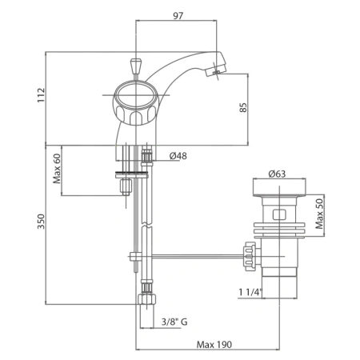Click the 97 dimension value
click(178, 16)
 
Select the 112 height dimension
click(42, 95)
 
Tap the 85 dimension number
click(243, 107)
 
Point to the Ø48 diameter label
click(178, 156)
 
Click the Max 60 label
click(57, 169)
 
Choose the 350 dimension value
click(42, 222)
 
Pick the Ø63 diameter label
click(277, 174)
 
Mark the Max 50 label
click(319, 214)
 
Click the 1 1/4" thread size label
click(250, 293)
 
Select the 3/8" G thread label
click(174, 322)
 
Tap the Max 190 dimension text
click(214, 345)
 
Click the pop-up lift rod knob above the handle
click(136, 66)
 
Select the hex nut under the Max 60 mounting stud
click(126, 186)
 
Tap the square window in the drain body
click(279, 214)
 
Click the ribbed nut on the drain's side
click(248, 256)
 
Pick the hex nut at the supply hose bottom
click(146, 299)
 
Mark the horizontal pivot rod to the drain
click(198, 257)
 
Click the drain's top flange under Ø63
click(279, 188)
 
